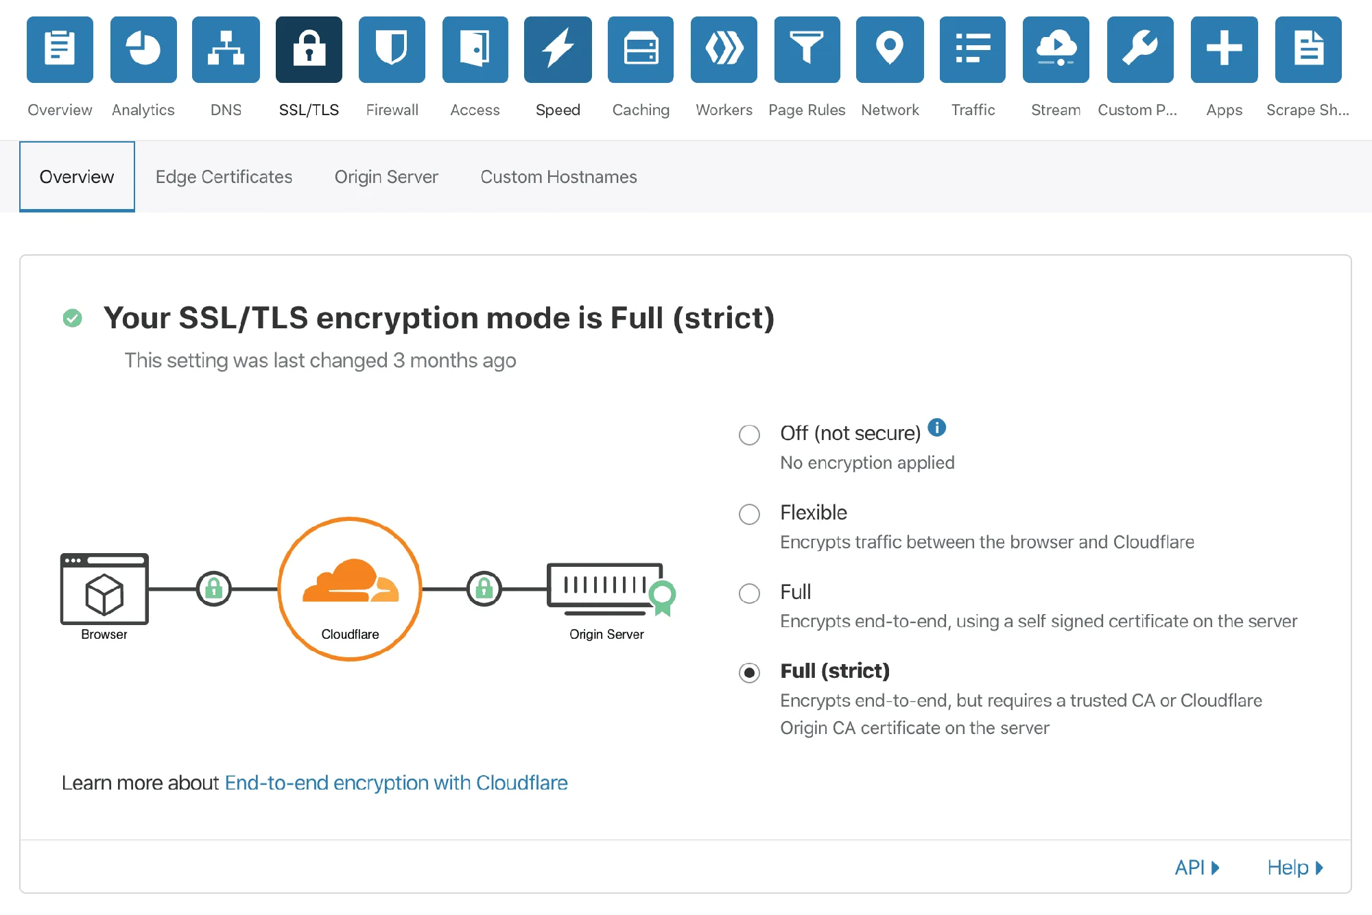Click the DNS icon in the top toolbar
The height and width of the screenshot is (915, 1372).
(226, 49)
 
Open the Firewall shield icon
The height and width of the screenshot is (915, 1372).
(392, 49)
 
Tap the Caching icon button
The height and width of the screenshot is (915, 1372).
(641, 49)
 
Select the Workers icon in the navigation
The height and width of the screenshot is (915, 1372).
(724, 49)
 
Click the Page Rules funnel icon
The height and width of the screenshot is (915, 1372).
(807, 49)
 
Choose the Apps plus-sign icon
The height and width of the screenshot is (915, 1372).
(1225, 49)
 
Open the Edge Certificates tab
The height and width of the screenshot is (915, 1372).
(224, 177)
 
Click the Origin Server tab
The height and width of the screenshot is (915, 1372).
(386, 177)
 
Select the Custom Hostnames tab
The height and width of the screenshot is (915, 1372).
(558, 177)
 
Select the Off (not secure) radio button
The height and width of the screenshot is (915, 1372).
(749, 435)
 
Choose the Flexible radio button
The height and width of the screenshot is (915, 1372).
(749, 514)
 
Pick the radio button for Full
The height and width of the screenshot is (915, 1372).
(749, 593)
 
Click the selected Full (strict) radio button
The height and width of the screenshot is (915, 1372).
(749, 672)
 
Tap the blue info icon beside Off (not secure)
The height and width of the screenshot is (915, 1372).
(936, 428)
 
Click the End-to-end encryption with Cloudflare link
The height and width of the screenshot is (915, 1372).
(396, 783)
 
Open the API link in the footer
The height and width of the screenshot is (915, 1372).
(1197, 868)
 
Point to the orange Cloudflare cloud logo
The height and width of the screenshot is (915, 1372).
(351, 581)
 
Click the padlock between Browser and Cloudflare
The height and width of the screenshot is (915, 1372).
(214, 588)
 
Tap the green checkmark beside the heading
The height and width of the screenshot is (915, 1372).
(72, 318)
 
